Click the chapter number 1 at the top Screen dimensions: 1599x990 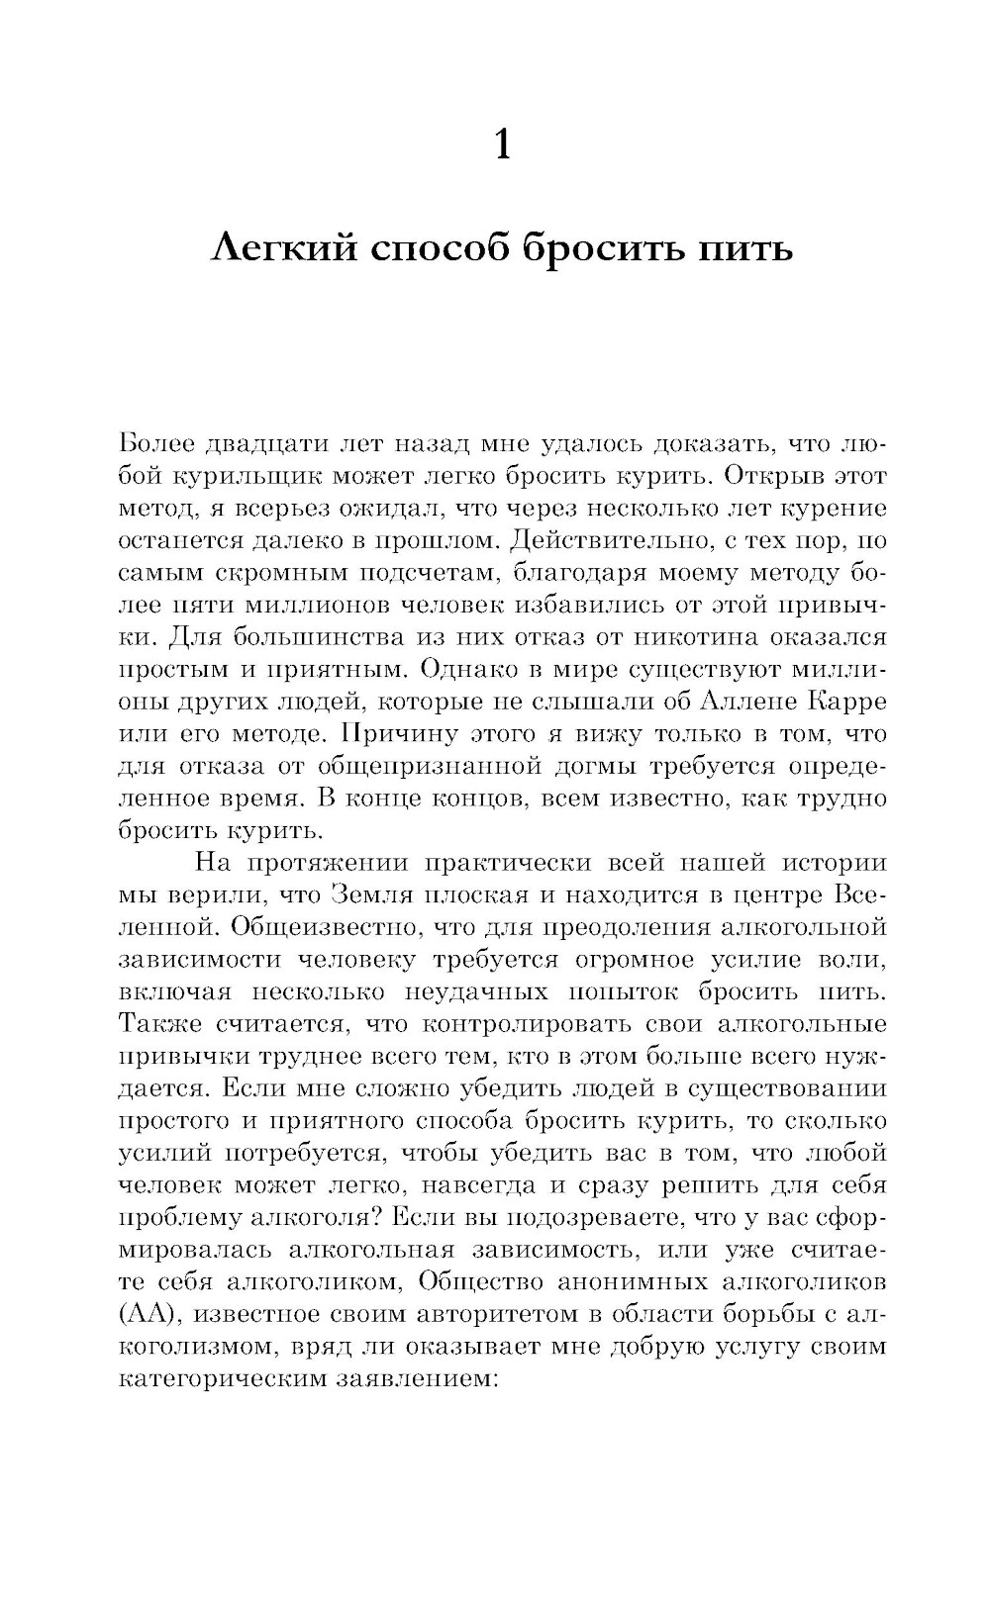(502, 146)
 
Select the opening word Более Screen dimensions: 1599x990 (159, 442)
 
